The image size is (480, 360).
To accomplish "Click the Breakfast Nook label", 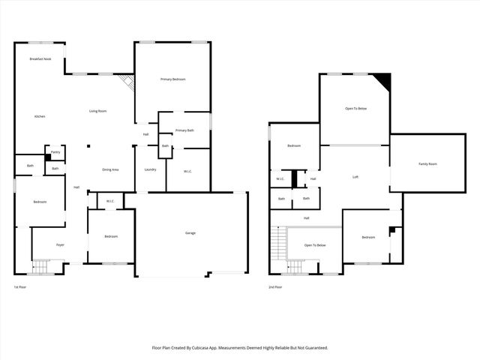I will pos(40,58).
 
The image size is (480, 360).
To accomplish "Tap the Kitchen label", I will pos(40,116).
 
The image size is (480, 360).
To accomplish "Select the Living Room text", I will pos(97,111).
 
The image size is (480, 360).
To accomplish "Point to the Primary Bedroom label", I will pos(172,79).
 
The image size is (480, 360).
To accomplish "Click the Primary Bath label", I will pos(184,130).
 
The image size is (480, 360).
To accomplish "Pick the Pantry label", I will pos(55,152).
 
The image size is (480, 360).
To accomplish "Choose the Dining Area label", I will pos(110,169).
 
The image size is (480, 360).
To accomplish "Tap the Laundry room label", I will pos(150,169).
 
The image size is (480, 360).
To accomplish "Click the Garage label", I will pos(190,233).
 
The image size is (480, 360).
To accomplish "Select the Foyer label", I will pos(60,244).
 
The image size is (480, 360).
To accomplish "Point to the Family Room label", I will pos(427,163).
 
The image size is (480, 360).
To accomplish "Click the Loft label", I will pos(356,177).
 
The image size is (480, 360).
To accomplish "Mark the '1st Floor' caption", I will pos(20,287).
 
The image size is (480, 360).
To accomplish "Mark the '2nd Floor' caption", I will pos(275,287).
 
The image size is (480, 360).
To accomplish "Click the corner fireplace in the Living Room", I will pos(128,81).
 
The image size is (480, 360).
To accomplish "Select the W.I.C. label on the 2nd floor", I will pos(280,178).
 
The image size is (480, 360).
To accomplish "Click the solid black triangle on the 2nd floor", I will pos(383,79).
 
